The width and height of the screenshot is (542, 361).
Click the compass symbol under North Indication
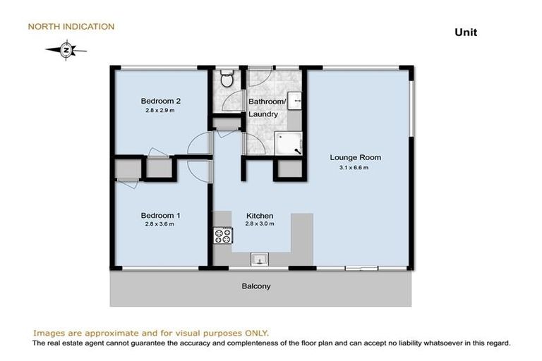click(x=66, y=49)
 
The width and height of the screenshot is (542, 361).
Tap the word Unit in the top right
click(x=466, y=32)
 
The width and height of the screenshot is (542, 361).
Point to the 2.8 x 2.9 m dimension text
click(x=159, y=110)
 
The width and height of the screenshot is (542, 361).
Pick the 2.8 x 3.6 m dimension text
click(x=159, y=224)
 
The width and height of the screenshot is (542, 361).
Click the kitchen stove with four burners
click(x=223, y=235)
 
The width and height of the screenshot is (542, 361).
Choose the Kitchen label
click(x=259, y=215)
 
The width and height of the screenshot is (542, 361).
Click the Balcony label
click(x=256, y=286)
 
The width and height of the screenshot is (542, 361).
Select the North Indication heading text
click(x=71, y=27)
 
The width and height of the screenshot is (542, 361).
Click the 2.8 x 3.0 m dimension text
click(x=259, y=224)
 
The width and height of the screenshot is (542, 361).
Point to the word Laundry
click(x=263, y=114)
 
